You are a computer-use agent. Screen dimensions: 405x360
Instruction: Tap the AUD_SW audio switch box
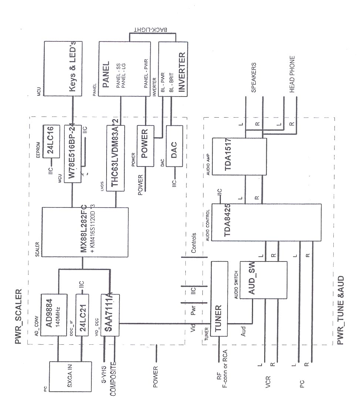[x=263, y=280]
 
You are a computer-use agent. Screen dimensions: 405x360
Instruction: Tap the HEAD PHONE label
[x=292, y=74]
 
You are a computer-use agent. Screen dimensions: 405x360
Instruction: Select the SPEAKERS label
[x=254, y=78]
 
